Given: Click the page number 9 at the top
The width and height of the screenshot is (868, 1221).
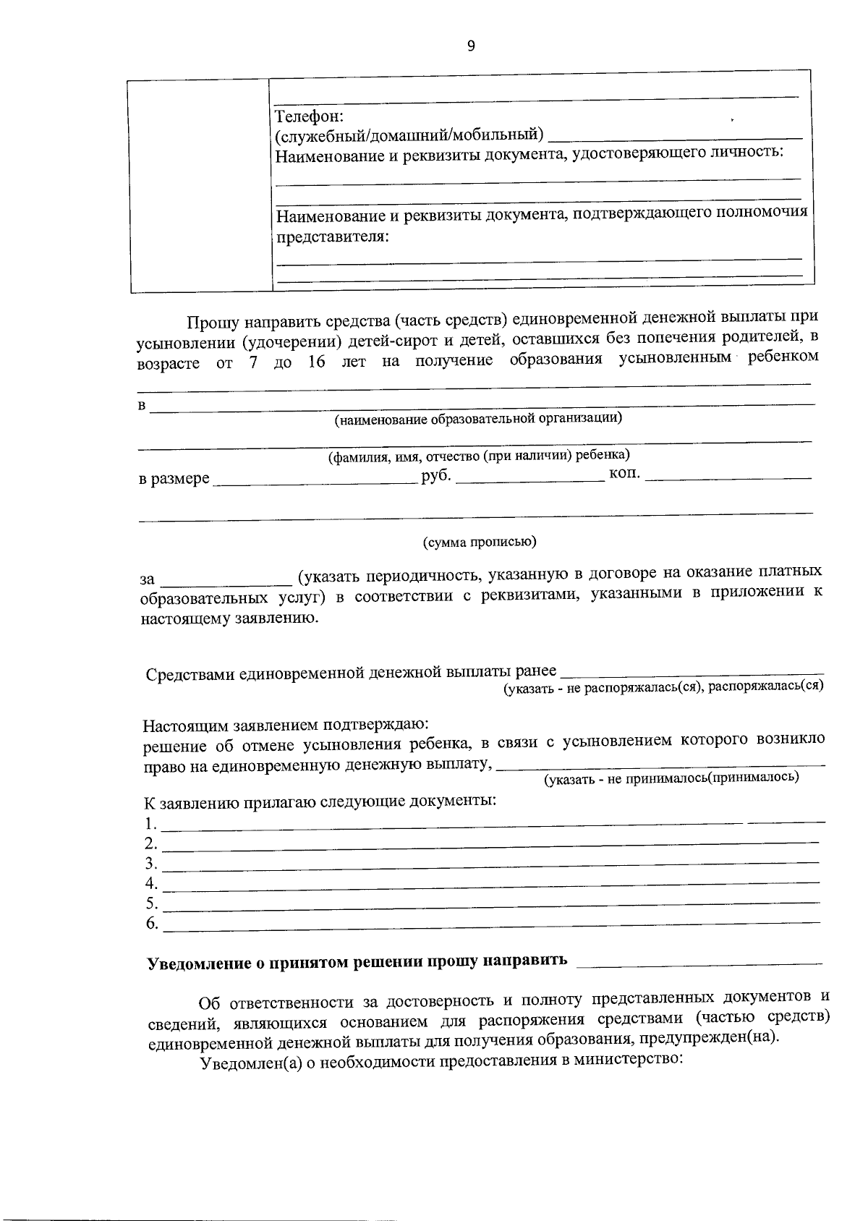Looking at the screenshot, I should (472, 47).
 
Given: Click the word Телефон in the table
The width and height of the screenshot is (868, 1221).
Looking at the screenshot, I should (310, 116).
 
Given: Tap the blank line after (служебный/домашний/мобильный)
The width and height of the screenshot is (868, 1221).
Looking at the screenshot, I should (676, 136).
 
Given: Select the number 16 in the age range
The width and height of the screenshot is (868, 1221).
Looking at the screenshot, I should (317, 361).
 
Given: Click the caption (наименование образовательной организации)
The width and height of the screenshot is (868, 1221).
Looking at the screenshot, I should (477, 418).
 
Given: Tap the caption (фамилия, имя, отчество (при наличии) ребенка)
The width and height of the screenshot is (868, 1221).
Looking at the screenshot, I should (479, 456).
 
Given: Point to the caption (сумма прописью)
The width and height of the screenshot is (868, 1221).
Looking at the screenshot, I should (479, 542).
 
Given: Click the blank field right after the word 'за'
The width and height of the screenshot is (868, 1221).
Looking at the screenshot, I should (226, 582).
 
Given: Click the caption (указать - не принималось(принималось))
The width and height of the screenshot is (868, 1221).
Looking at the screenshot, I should (671, 778).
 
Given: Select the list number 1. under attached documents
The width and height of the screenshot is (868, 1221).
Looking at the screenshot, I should (150, 823).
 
